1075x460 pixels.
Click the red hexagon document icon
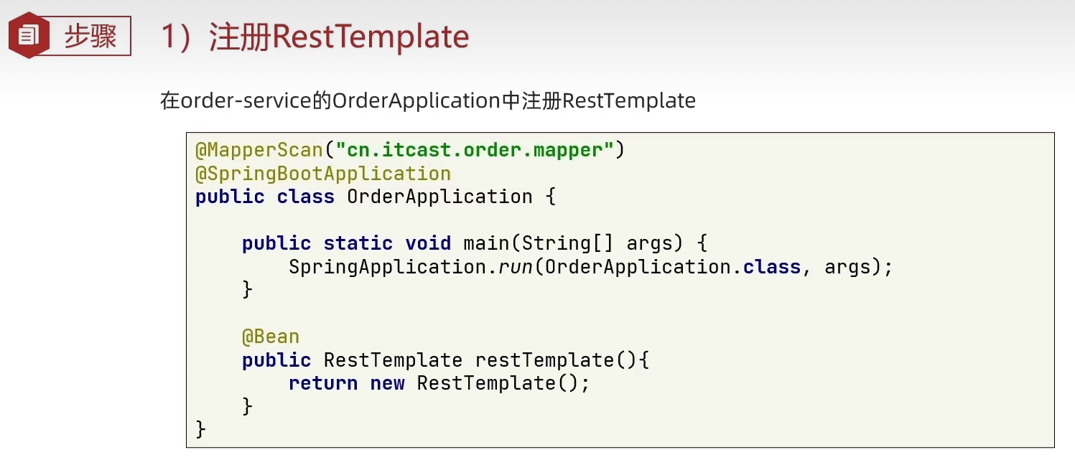click(29, 35)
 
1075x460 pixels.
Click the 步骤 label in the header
click(90, 36)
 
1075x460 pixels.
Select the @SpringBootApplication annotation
click(323, 174)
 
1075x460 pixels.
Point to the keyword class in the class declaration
click(306, 197)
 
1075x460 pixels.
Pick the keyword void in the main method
click(428, 243)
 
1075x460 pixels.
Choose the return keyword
click(323, 383)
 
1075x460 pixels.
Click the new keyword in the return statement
click(387, 383)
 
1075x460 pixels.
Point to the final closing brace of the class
click(201, 429)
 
